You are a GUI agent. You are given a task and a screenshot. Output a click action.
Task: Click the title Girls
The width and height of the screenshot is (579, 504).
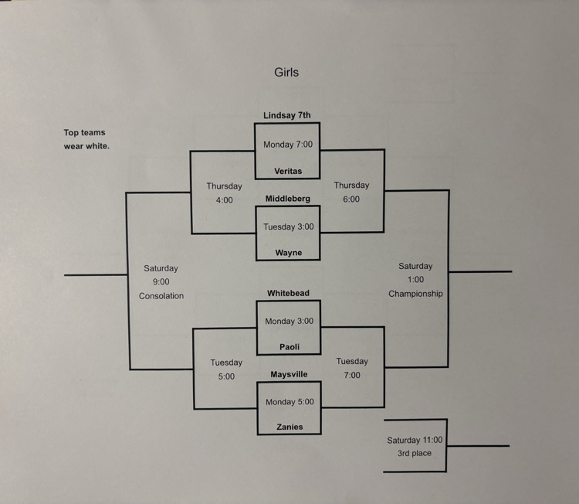click(x=286, y=73)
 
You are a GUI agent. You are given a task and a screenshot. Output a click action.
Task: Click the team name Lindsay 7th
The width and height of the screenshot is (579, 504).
click(x=287, y=115)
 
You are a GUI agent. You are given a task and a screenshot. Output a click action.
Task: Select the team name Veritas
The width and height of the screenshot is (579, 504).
click(x=288, y=171)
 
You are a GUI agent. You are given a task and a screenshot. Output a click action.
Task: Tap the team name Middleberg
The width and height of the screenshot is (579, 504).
click(x=288, y=199)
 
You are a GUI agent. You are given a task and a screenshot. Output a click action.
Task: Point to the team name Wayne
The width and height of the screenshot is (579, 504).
click(x=289, y=253)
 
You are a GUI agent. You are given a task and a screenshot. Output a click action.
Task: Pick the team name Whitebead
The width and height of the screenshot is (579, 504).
click(x=288, y=294)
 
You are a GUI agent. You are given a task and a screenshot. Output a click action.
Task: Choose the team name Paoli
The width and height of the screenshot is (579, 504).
click(x=289, y=347)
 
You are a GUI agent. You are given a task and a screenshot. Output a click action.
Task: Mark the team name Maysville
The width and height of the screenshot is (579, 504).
click(x=289, y=374)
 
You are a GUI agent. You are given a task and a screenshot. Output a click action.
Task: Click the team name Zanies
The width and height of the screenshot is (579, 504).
click(x=289, y=427)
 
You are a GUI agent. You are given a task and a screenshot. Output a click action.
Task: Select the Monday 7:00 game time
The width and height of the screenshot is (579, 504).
click(x=288, y=145)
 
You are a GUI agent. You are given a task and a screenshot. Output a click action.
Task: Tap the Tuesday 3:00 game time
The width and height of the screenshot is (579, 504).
click(x=289, y=227)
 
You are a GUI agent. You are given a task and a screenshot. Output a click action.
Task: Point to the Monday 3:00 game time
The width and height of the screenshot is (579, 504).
click(x=289, y=322)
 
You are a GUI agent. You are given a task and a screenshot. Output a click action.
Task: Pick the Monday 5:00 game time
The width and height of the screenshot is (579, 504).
click(x=289, y=402)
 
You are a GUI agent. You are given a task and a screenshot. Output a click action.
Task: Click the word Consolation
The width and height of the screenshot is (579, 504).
click(x=161, y=296)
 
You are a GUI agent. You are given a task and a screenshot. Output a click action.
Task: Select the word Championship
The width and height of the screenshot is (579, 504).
click(x=415, y=294)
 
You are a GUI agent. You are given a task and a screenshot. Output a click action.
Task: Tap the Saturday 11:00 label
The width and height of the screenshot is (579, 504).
click(x=415, y=440)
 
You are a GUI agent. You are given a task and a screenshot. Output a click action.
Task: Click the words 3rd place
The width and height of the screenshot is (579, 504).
click(x=415, y=453)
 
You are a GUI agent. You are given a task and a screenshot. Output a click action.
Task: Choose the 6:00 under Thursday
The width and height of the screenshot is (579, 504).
click(x=351, y=199)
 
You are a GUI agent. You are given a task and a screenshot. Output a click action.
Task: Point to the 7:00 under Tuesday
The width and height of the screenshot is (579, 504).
click(x=352, y=375)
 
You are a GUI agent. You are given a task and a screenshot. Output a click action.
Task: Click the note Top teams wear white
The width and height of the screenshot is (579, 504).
click(x=86, y=139)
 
